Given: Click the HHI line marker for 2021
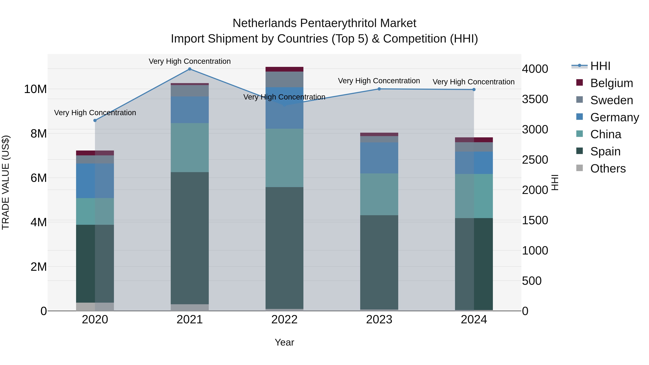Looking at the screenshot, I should point(190,69).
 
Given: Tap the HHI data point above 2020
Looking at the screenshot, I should point(95,120).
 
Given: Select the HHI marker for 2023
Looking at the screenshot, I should point(379,89).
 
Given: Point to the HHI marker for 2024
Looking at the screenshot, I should point(474,89).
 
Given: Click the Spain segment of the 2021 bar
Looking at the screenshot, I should point(190,238).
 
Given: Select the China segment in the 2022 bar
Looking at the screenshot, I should point(284,158).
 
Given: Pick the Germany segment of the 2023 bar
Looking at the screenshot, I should point(379,158).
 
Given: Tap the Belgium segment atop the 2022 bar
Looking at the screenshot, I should point(284,69).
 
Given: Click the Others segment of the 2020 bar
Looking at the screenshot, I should point(95,307).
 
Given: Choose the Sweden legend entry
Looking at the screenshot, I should point(612,100).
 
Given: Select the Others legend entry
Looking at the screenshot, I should point(608,169).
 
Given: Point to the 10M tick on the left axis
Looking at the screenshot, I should point(35,89).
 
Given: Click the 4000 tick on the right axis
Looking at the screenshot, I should point(535,69).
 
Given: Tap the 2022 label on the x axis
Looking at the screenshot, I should point(284,320).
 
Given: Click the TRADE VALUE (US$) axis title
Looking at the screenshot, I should point(6,182).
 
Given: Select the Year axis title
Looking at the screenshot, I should point(284,342).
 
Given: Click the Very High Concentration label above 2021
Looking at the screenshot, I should point(190,61).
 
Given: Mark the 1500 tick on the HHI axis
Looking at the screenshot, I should point(535,220).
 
